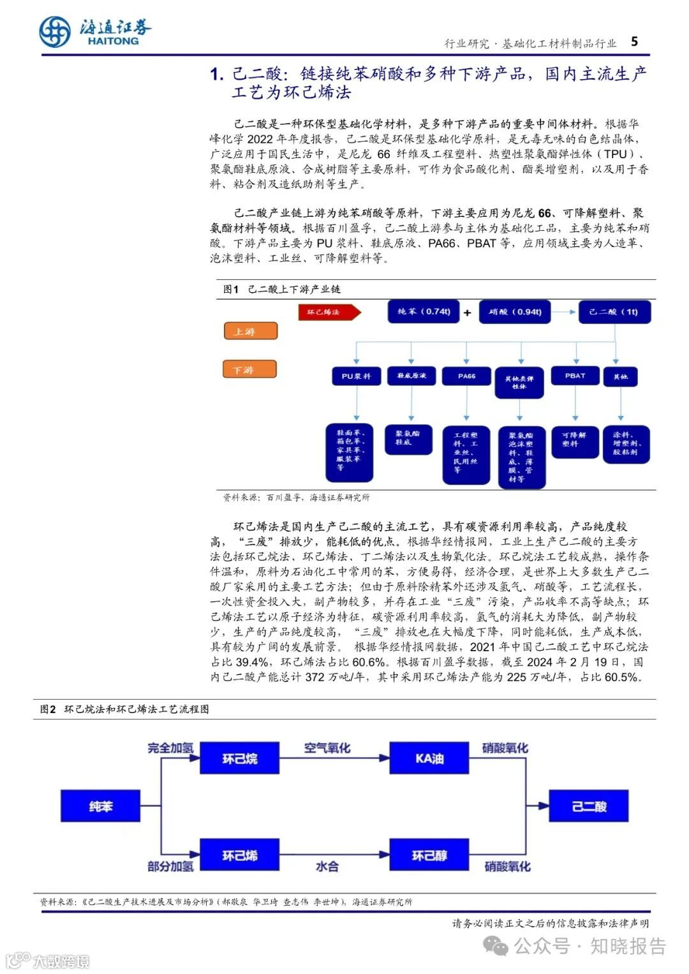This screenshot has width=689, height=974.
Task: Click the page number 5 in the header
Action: click(x=634, y=41)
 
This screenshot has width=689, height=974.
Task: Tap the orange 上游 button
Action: click(x=250, y=331)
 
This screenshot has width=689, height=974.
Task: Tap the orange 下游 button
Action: click(x=249, y=369)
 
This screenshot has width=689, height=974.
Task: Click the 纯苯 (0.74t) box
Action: click(x=424, y=312)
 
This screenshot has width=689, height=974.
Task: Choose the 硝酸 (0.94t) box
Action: click(x=515, y=312)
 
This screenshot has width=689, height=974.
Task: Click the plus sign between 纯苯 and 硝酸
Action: click(x=468, y=313)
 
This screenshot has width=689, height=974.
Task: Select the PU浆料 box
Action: click(x=356, y=376)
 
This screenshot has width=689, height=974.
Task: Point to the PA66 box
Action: click(x=466, y=376)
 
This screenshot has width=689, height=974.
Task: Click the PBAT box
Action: click(x=575, y=376)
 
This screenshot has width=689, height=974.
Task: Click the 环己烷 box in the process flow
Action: click(x=240, y=758)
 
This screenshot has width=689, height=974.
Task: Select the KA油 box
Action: click(x=429, y=758)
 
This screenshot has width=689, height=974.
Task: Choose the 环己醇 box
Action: click(x=429, y=855)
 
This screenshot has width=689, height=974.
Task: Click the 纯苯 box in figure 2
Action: click(x=100, y=806)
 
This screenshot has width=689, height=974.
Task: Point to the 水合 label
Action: click(x=327, y=866)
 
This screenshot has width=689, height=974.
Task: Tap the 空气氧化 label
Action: click(x=327, y=748)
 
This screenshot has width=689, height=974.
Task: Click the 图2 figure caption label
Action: click(x=48, y=709)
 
